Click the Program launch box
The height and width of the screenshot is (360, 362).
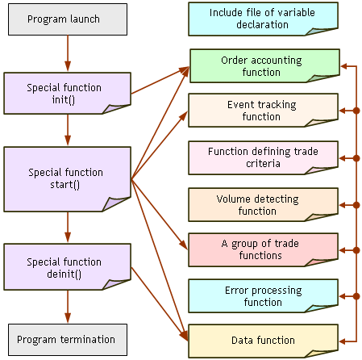68,19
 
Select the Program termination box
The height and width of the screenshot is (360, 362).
68,340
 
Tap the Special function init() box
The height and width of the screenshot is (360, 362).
67,93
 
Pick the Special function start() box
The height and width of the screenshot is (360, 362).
67,179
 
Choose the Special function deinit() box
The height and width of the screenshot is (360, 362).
67,267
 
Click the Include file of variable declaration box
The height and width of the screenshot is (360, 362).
263,19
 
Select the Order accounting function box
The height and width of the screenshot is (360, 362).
264,65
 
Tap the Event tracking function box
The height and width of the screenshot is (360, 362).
263,111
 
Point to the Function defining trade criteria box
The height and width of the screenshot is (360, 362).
263,157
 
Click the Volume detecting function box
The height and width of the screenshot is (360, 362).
263,205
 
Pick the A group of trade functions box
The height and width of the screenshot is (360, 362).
263,250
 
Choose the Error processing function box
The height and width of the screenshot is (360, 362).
263,296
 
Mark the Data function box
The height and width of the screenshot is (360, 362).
263,341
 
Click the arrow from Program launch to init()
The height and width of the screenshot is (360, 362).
68,53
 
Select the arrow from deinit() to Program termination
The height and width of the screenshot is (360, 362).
68,307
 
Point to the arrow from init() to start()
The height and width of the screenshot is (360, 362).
68,130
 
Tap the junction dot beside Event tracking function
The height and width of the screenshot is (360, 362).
356,111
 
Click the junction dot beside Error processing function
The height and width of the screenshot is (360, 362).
356,296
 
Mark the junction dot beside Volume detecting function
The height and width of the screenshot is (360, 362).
356,205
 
